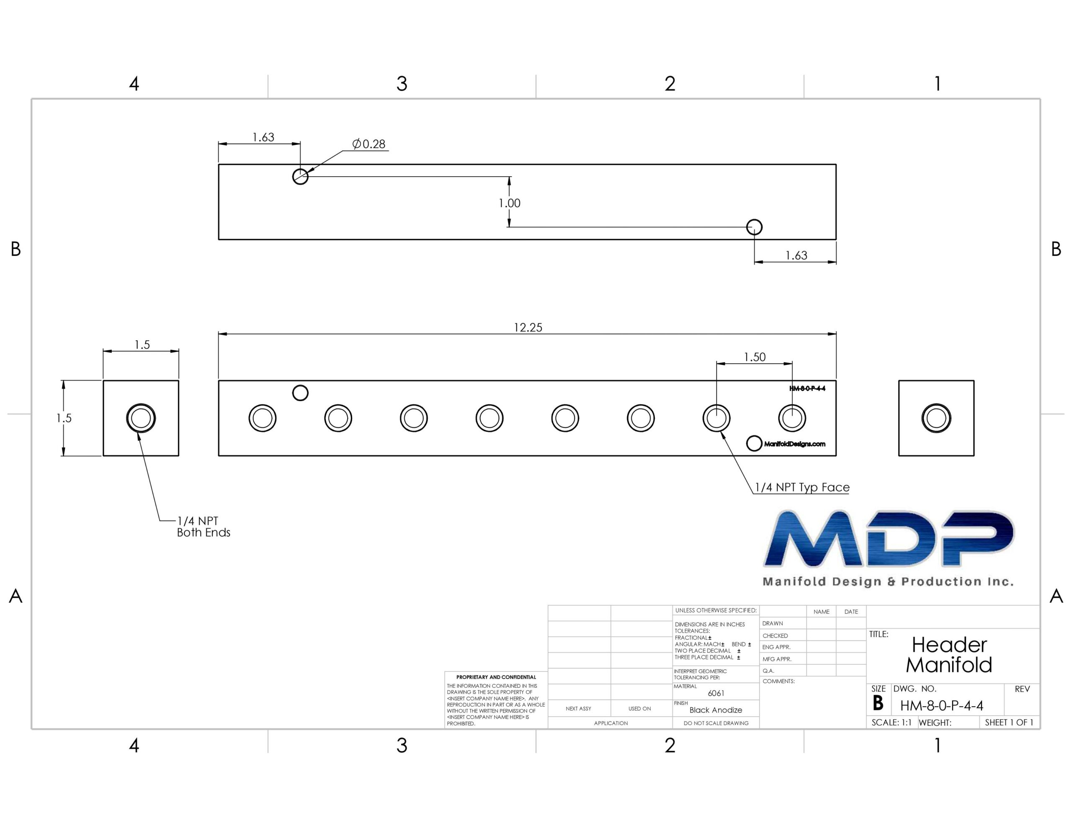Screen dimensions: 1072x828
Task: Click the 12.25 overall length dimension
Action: coord(528,327)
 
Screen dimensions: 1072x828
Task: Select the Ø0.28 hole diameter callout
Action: coord(368,144)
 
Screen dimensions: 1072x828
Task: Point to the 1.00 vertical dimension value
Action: coord(510,203)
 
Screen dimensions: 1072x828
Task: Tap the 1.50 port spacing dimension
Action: coord(755,357)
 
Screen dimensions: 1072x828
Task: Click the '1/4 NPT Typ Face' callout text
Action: coord(802,487)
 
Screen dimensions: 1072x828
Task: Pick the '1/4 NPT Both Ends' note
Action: coord(203,527)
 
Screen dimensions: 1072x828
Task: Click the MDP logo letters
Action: coord(889,539)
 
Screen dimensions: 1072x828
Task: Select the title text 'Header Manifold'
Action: coord(949,655)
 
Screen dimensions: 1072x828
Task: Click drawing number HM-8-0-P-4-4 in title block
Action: coord(941,706)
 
